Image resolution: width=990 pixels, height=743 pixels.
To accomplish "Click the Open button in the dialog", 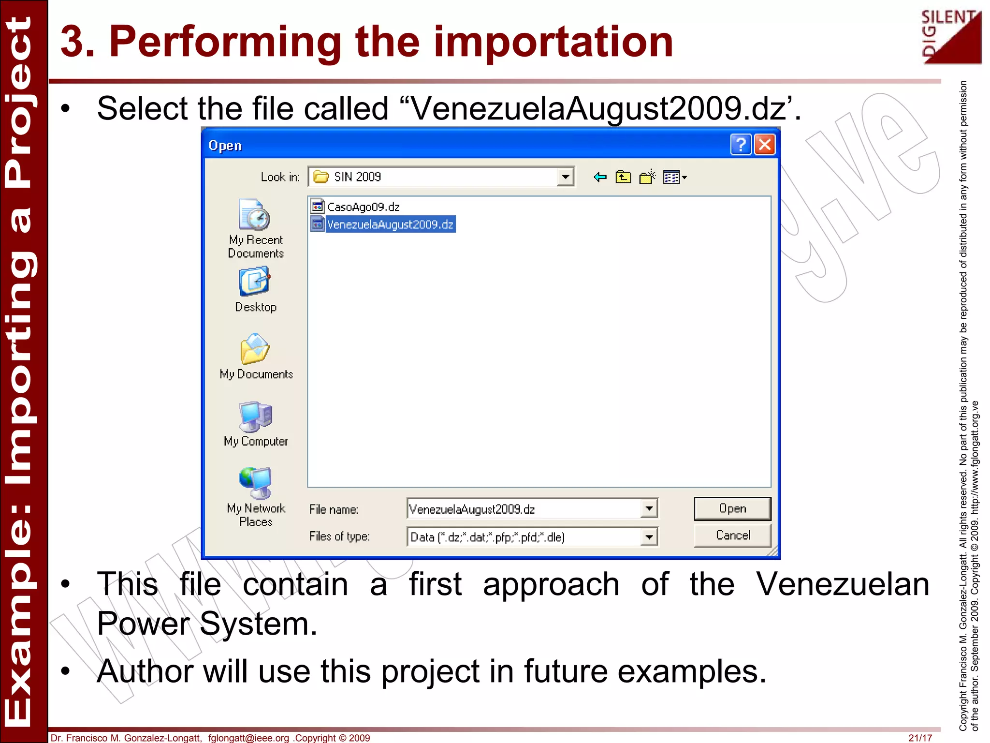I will click(732, 508).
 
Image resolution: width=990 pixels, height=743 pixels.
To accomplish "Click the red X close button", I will click(765, 145).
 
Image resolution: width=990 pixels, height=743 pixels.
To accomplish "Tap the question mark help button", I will click(741, 145).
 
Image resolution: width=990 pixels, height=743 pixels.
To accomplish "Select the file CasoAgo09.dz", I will click(363, 207).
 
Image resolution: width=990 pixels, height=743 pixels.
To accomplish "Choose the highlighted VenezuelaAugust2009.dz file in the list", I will click(390, 224).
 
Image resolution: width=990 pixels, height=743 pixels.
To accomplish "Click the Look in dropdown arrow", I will click(565, 177).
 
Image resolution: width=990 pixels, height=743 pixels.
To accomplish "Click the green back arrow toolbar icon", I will click(600, 178).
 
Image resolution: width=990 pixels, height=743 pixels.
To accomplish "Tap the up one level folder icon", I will click(623, 178).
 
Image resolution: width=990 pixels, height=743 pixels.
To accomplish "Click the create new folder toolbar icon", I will click(647, 178).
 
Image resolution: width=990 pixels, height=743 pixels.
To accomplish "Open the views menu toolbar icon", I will click(674, 178).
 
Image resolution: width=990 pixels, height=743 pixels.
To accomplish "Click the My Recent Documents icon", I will click(255, 216).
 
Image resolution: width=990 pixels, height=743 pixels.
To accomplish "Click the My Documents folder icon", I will click(255, 349).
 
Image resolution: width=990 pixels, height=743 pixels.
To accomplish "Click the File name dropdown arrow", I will click(649, 508).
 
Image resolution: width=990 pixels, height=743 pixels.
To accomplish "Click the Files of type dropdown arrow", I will click(649, 536).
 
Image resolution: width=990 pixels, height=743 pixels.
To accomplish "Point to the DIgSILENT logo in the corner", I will click(951, 37).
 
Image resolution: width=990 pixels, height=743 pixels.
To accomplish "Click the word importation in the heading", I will click(553, 42).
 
